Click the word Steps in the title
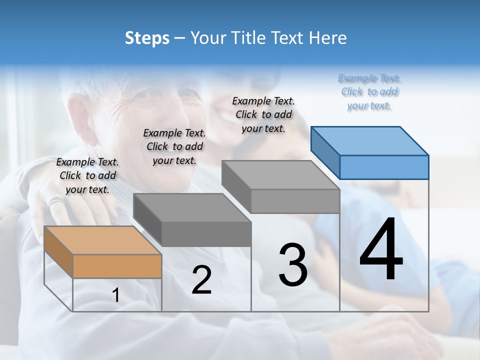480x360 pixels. pyautogui.click(x=146, y=38)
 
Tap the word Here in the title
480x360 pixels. pyautogui.click(x=328, y=38)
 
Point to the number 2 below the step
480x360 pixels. pyautogui.click(x=201, y=280)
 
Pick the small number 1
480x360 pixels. pyautogui.click(x=116, y=295)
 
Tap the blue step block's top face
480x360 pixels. pyautogui.click(x=369, y=140)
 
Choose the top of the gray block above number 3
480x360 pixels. pyautogui.click(x=280, y=175)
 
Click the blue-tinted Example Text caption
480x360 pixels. pyautogui.click(x=369, y=91)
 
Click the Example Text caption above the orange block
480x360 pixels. pyautogui.click(x=87, y=175)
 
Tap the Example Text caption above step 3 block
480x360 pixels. pyautogui.click(x=263, y=114)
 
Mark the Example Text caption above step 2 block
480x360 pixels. pyautogui.click(x=174, y=146)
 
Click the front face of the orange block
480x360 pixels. pyautogui.click(x=117, y=266)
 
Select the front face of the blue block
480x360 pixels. pyautogui.click(x=384, y=167)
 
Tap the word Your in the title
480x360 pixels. pyautogui.click(x=208, y=38)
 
